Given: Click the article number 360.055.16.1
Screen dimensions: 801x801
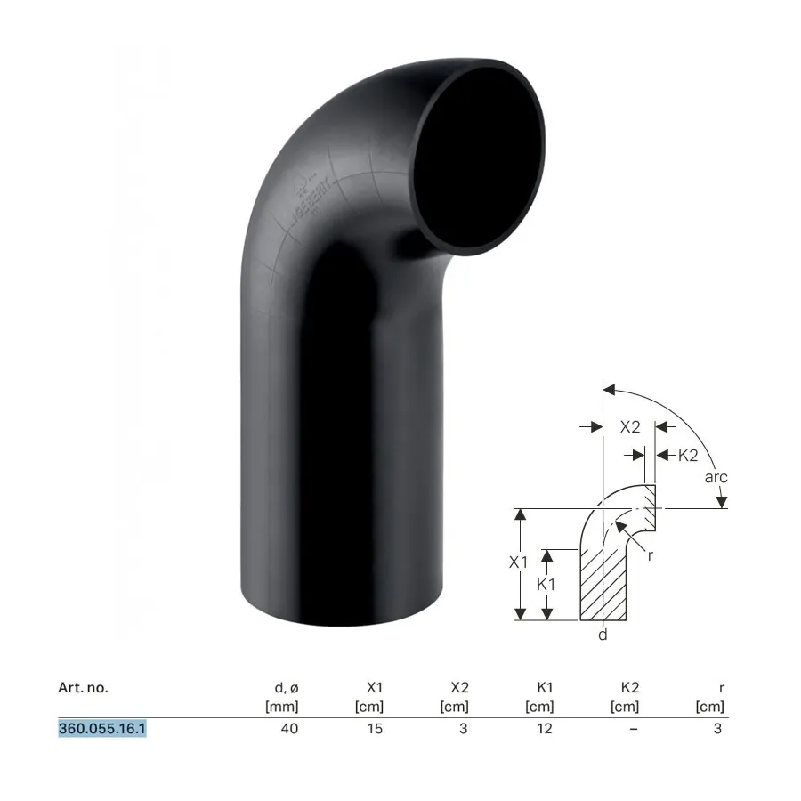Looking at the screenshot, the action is [102, 728].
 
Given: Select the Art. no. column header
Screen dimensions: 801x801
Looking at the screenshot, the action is [84, 688].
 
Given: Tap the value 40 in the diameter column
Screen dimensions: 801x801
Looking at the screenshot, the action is [289, 728].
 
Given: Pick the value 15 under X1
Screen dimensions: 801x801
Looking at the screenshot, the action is [375, 728].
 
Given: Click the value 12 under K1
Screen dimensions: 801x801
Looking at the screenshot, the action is [545, 728].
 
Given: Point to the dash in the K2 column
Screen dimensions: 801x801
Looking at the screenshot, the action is [634, 729].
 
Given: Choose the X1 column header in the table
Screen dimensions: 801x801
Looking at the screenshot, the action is [375, 688].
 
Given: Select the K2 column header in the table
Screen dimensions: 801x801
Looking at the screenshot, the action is [630, 688].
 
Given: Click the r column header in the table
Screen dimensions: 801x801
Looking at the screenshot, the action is [721, 689].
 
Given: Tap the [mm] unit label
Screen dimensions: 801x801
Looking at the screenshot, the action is [282, 707].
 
